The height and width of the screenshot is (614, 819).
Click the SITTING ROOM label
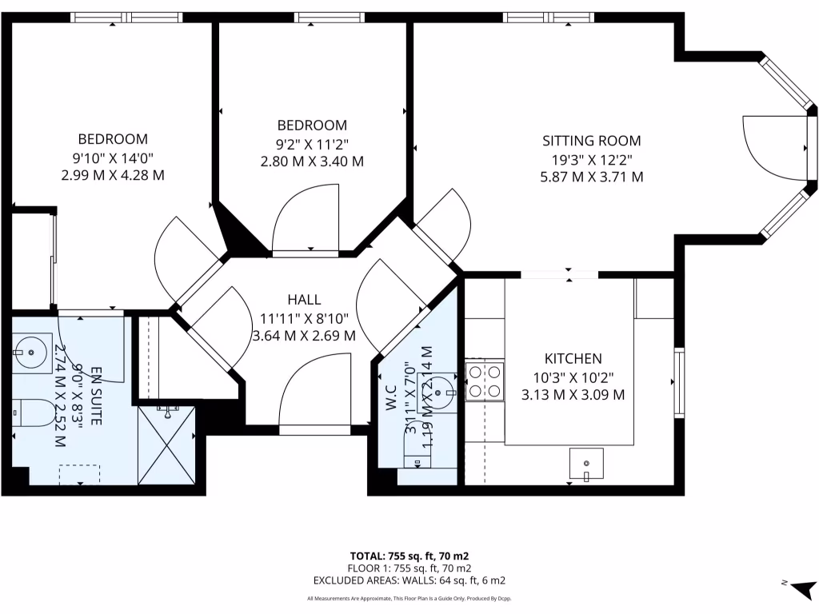coord(592,141)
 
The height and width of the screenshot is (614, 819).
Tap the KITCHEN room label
coord(573,359)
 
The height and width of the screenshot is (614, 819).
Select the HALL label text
coord(304,300)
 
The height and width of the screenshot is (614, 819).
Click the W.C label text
coord(392,398)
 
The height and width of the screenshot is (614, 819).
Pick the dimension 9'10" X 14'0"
coord(113,157)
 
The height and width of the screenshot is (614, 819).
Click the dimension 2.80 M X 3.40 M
coord(312,161)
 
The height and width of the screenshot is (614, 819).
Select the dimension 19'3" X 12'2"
coord(592,159)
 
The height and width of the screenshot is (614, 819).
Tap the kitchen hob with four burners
coord(485,381)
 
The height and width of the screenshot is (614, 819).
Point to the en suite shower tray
coord(166,445)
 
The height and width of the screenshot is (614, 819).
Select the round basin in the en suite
coord(33,349)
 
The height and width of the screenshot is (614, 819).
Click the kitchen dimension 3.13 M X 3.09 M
coord(573,394)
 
